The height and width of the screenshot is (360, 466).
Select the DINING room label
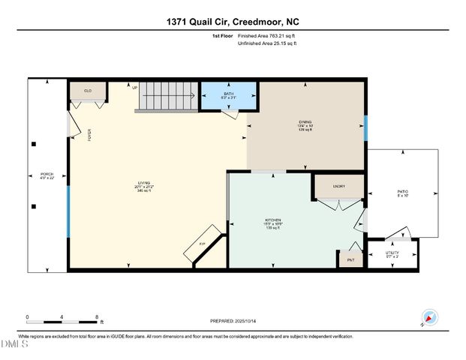(305, 124)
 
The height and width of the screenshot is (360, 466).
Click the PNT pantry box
(350, 259)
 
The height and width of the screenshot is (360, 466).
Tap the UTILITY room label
(392, 253)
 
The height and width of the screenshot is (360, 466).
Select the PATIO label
(402, 192)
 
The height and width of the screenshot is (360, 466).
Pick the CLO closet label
(87, 91)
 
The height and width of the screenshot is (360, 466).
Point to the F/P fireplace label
(201, 244)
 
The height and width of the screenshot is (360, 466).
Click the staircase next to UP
(167, 97)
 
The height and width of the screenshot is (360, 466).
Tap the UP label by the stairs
(135, 88)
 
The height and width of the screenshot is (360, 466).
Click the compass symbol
(429, 317)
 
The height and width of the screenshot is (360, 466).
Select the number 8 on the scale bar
(97, 316)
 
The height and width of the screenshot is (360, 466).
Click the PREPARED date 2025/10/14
(238, 321)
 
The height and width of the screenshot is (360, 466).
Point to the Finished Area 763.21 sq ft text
(266, 35)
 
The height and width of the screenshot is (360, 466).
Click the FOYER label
(89, 136)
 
